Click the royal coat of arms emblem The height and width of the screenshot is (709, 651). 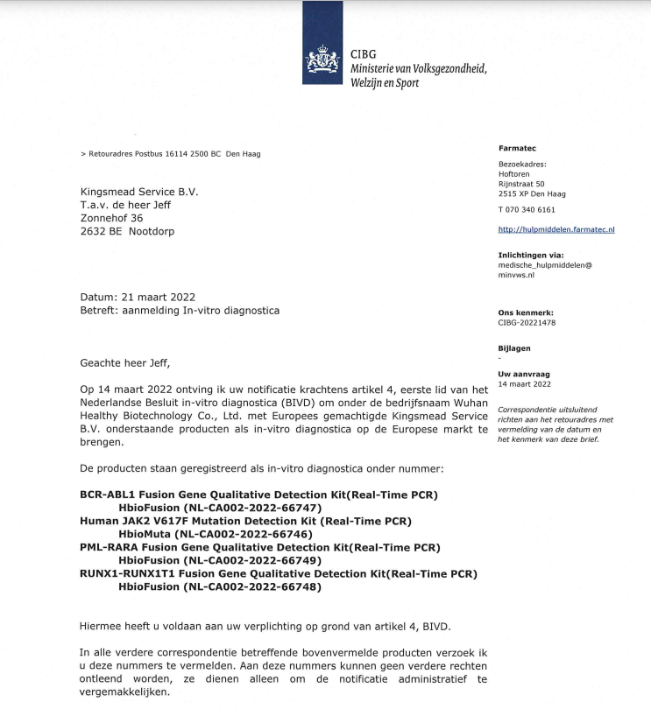tap(322, 60)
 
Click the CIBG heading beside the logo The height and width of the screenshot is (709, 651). tap(363, 54)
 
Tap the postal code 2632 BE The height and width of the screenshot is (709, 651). tap(101, 232)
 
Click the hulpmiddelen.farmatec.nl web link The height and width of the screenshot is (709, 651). tap(556, 229)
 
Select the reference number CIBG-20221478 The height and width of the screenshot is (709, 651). tap(527, 323)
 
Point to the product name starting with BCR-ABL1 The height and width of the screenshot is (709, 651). tap(258, 495)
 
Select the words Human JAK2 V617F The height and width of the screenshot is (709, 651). tap(132, 521)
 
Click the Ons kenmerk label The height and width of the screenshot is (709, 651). tap(526, 312)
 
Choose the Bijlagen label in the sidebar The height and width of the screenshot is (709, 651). tap(515, 347)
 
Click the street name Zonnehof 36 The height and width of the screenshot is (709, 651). tap(111, 218)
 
